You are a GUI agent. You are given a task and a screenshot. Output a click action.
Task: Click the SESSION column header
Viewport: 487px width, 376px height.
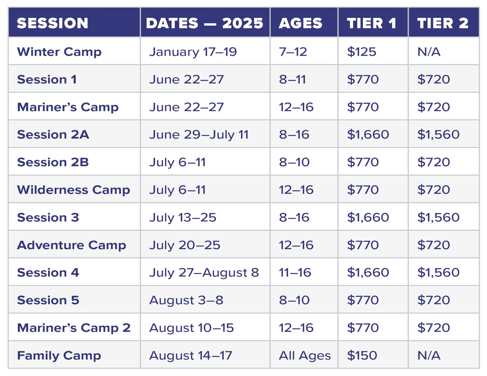(53, 23)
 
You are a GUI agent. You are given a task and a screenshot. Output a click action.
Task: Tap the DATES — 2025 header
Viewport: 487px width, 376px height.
(204, 23)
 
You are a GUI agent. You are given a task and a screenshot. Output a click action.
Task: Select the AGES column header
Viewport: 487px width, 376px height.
(300, 23)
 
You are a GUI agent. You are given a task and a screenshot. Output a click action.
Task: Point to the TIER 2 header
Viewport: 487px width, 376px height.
(443, 23)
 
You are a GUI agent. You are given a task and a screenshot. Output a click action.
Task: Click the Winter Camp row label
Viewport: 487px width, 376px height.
(59, 52)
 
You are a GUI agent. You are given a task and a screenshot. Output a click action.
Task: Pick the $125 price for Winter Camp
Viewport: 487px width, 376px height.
(361, 52)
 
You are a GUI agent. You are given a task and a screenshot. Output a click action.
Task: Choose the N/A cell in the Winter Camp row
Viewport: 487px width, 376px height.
(429, 52)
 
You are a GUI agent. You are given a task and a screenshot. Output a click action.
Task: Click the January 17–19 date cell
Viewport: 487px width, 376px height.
(193, 52)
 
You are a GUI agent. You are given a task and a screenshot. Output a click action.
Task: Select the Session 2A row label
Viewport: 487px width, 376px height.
(53, 134)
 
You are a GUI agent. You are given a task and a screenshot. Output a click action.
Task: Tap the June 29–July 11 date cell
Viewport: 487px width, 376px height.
(199, 135)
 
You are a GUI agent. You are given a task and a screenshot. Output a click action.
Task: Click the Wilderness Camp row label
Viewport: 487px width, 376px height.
(74, 190)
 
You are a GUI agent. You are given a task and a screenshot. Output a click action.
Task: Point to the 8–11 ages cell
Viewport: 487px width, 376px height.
(292, 79)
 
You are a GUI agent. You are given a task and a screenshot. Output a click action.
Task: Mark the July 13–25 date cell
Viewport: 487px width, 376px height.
(183, 218)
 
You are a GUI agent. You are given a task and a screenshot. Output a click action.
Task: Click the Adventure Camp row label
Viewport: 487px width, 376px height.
(72, 245)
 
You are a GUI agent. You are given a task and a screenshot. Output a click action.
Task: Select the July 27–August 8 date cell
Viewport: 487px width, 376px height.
(204, 273)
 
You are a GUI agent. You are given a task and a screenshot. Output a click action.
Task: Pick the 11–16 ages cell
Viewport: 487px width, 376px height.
(295, 272)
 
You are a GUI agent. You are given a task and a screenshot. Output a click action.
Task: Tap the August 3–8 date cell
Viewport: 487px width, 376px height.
(186, 300)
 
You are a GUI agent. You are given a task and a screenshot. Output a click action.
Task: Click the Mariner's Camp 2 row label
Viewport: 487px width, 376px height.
(74, 328)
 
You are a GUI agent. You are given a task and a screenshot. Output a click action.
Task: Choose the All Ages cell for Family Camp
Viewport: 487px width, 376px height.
(305, 356)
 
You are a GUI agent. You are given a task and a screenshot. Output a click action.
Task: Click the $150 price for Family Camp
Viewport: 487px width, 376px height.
(362, 355)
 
